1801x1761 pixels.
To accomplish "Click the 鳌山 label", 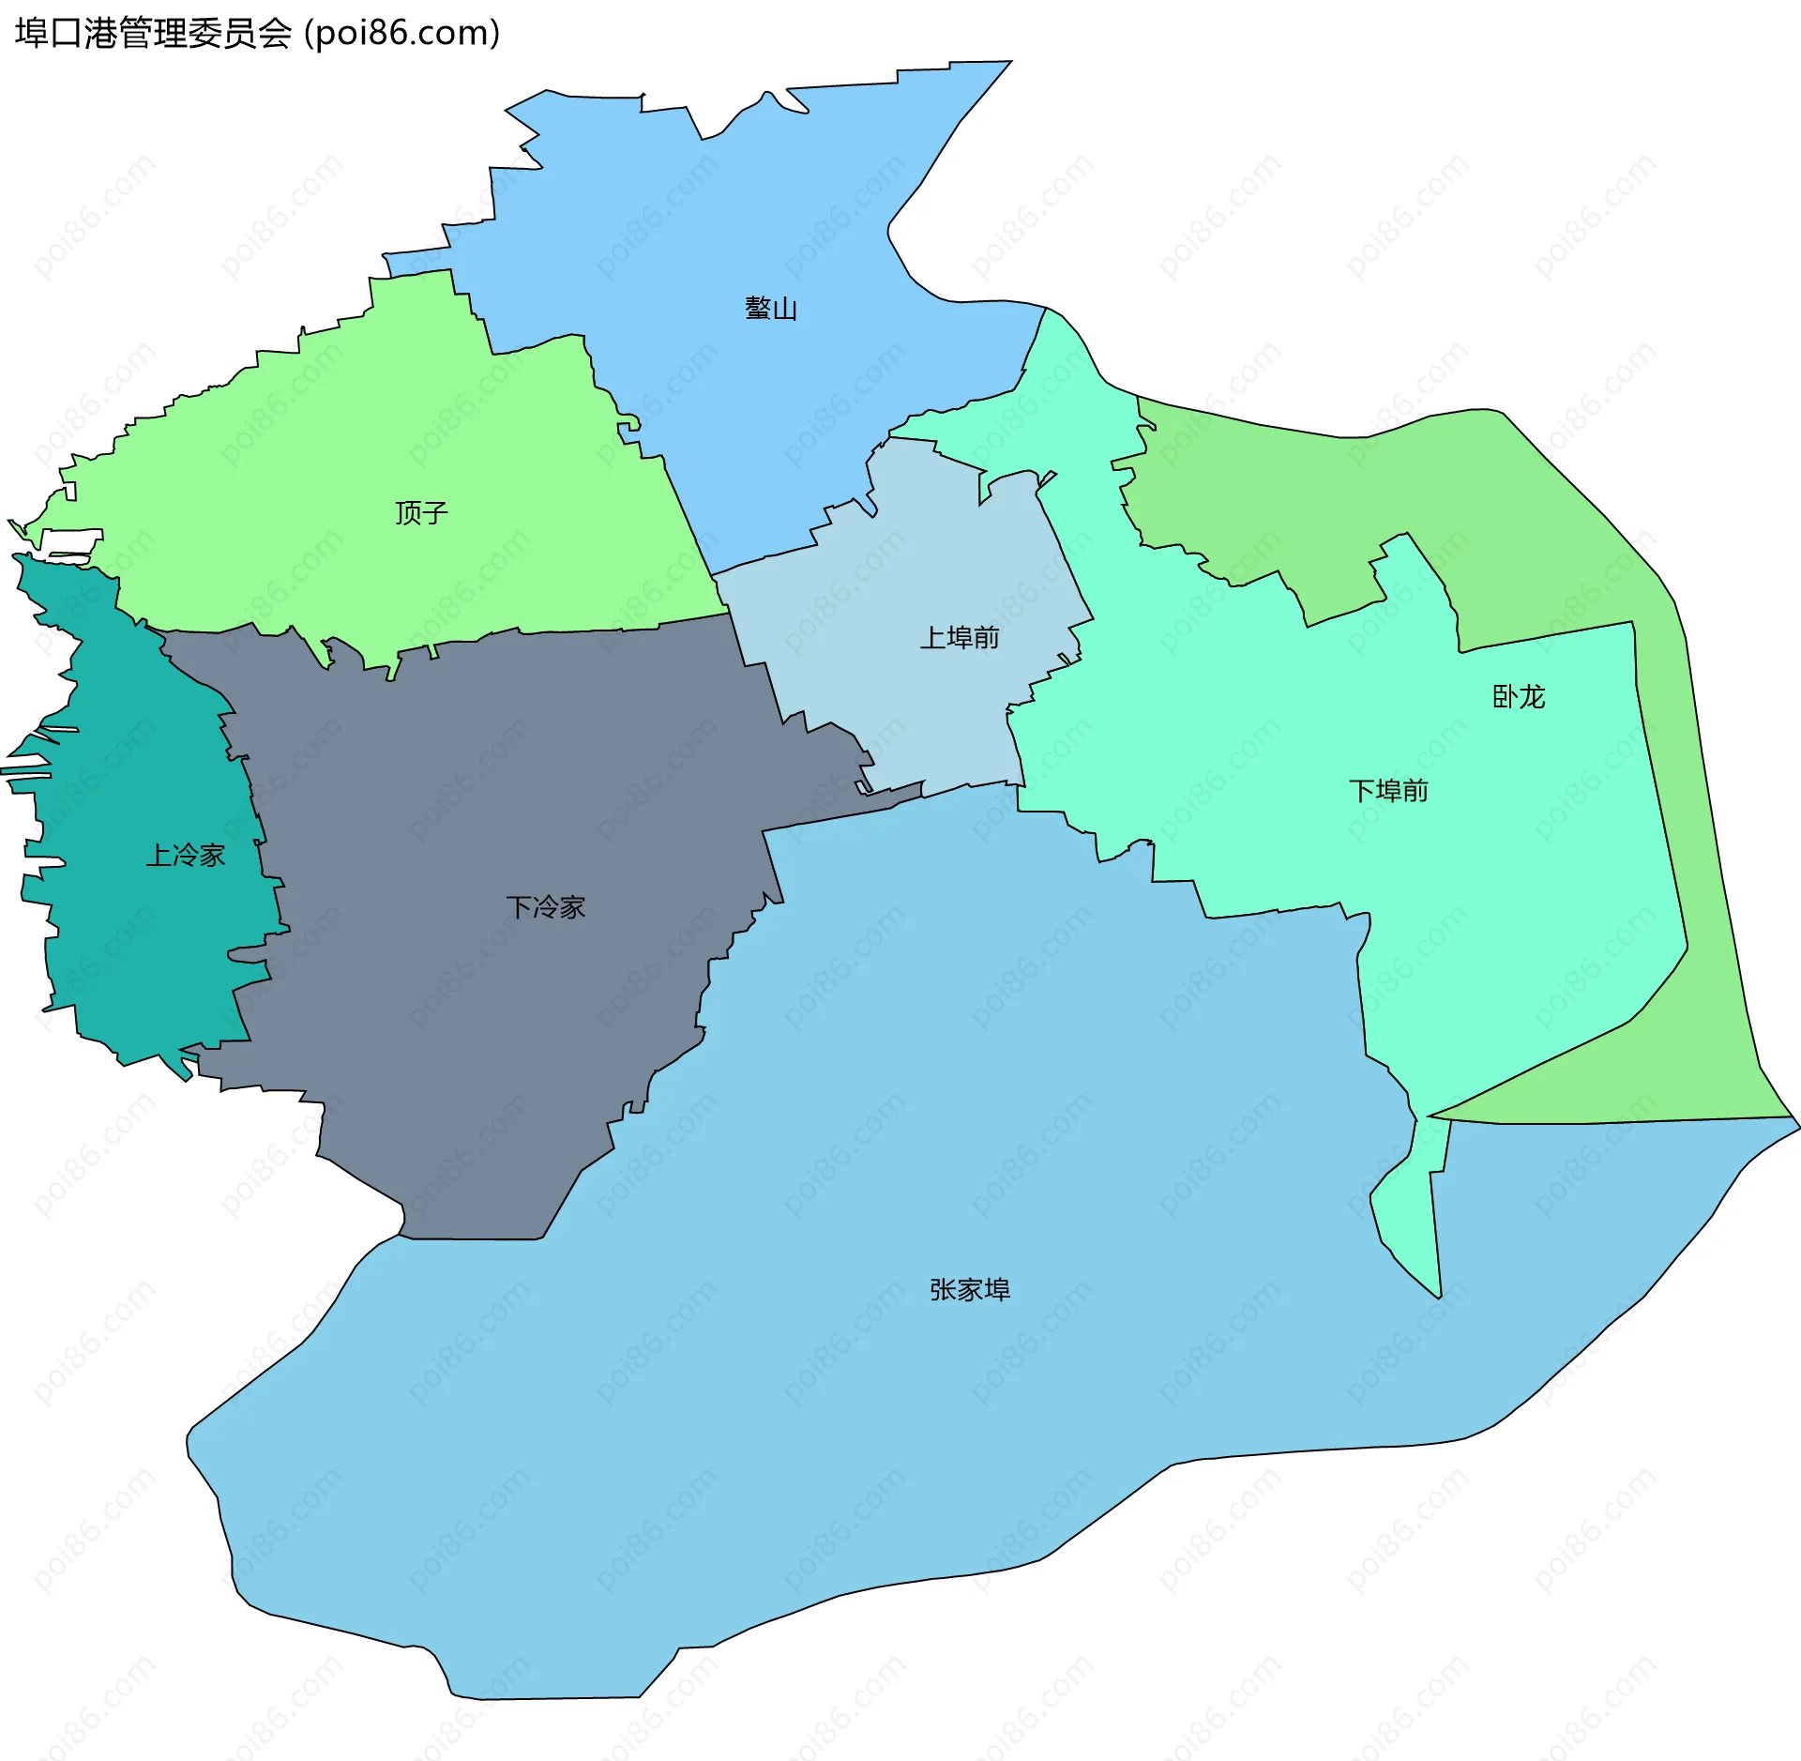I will tap(771, 309).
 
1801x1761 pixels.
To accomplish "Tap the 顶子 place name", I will tap(421, 512).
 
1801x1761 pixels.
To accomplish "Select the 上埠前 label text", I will tap(960, 638).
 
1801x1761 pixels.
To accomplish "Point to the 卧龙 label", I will tap(1519, 696).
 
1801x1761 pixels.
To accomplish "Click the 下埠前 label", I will tap(1388, 791).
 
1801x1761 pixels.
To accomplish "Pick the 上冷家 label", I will tap(186, 855).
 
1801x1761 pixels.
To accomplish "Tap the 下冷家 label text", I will tap(546, 907).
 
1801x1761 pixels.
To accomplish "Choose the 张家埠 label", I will tap(970, 1290).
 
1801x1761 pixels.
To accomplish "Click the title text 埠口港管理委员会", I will tap(154, 34).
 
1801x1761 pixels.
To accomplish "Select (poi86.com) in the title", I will tap(402, 34).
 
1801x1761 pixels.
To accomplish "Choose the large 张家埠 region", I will tap(844, 1454).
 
